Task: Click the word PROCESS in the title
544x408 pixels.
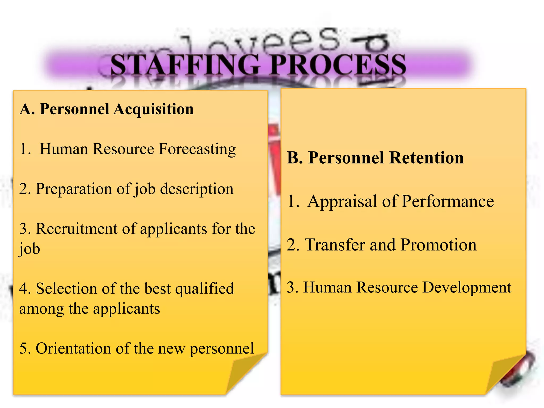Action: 338,65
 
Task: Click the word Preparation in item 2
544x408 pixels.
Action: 74,189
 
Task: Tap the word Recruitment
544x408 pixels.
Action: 76,229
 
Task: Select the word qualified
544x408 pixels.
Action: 205,289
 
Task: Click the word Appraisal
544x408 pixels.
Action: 343,201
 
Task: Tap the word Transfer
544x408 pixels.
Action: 335,245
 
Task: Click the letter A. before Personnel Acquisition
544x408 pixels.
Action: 27,109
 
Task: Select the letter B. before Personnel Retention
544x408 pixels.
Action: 295,158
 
